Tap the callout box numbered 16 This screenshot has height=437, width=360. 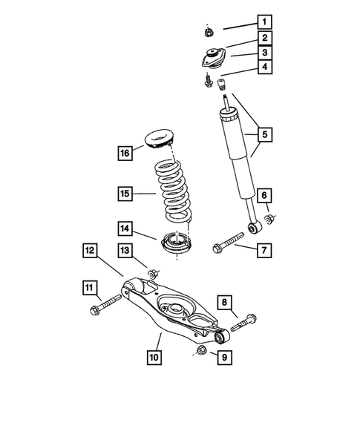[x=125, y=153]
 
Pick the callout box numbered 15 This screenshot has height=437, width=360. [x=125, y=194]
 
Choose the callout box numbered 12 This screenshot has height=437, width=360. [x=90, y=252]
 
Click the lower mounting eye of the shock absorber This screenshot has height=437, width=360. [x=252, y=218]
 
